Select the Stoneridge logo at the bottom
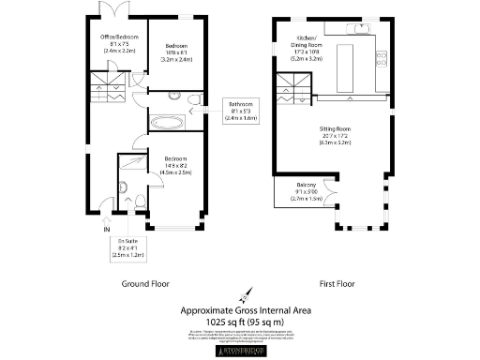[x=240, y=352]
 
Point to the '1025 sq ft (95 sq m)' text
[x=240, y=322]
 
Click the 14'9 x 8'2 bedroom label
[x=177, y=165]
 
